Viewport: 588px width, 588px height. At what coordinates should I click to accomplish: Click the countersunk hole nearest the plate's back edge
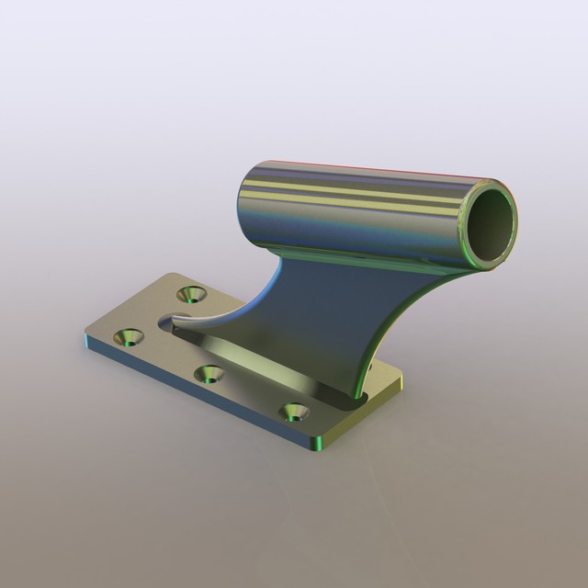pos(193,295)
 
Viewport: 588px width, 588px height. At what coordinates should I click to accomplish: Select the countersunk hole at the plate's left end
pos(126,337)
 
